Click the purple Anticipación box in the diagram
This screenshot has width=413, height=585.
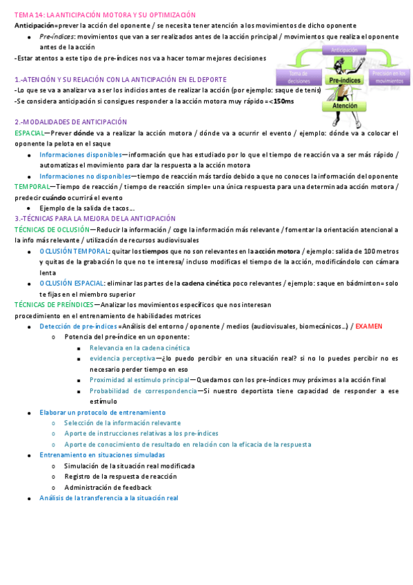point(344,50)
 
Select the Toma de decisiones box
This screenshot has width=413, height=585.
point(298,76)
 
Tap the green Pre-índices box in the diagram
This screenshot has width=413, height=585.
point(345,81)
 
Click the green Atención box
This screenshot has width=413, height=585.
point(345,106)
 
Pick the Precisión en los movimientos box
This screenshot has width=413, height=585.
point(390,76)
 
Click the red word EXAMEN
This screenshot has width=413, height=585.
point(369,326)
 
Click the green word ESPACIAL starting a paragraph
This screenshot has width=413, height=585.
point(28,132)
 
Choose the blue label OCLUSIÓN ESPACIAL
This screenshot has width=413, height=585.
point(72,283)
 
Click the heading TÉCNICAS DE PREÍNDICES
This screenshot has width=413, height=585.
point(53,304)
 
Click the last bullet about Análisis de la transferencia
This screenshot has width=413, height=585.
point(109,497)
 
